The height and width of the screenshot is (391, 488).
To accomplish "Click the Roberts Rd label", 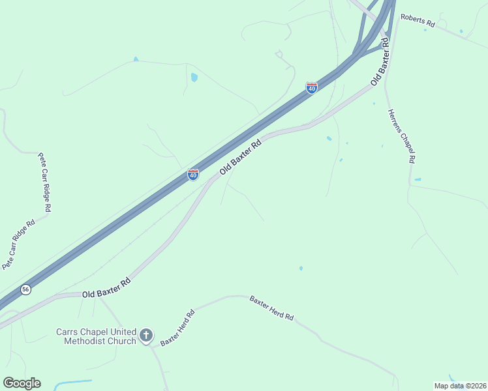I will click(x=418, y=21).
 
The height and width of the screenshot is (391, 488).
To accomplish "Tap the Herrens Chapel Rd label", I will click(x=402, y=136).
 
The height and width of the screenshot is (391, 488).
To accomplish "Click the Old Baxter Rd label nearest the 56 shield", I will click(x=107, y=287).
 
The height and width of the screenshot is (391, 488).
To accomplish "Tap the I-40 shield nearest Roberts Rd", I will click(x=312, y=87).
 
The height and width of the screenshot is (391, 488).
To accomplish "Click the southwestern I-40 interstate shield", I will click(x=193, y=175).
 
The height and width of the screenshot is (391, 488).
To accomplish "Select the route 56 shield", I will click(x=25, y=289).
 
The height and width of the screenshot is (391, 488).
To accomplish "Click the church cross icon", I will click(x=146, y=336).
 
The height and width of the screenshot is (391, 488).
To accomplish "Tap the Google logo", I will click(x=22, y=383).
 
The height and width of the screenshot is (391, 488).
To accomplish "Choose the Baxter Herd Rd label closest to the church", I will click(x=178, y=328).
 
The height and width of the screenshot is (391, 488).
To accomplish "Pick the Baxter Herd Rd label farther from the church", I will click(x=271, y=308).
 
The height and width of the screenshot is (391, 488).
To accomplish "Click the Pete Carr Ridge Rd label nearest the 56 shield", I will click(x=17, y=244).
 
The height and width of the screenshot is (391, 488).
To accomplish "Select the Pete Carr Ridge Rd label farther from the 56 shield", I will click(x=44, y=182).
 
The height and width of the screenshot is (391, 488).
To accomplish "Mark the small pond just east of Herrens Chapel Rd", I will click(x=418, y=179).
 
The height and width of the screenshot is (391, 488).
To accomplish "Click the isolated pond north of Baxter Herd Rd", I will click(x=301, y=268).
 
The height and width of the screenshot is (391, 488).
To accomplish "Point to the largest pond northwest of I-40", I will click(x=194, y=78).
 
